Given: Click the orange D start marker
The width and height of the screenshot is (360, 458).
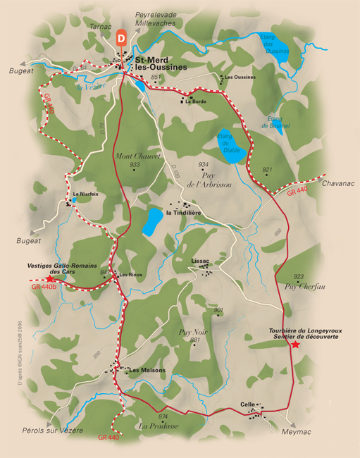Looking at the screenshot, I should [x=123, y=37].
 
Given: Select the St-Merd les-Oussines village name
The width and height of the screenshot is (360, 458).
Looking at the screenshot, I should [x=161, y=63].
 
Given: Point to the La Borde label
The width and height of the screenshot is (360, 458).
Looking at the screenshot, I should [x=196, y=101].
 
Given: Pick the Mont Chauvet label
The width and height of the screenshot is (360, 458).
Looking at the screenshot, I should [x=138, y=156].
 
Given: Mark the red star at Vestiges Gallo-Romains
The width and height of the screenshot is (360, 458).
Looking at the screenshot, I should [x=51, y=279].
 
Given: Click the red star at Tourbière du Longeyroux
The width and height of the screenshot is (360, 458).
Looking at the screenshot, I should [x=295, y=345].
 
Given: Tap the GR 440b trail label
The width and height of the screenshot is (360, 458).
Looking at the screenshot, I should [x=44, y=287].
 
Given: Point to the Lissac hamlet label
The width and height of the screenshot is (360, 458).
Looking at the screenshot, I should [x=201, y=261].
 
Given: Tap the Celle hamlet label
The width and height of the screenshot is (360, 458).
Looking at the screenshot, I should [x=247, y=404].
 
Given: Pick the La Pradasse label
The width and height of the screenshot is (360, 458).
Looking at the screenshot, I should [x=159, y=426].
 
